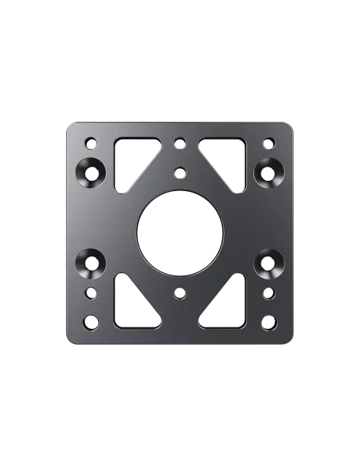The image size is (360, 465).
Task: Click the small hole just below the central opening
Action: [180, 293]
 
